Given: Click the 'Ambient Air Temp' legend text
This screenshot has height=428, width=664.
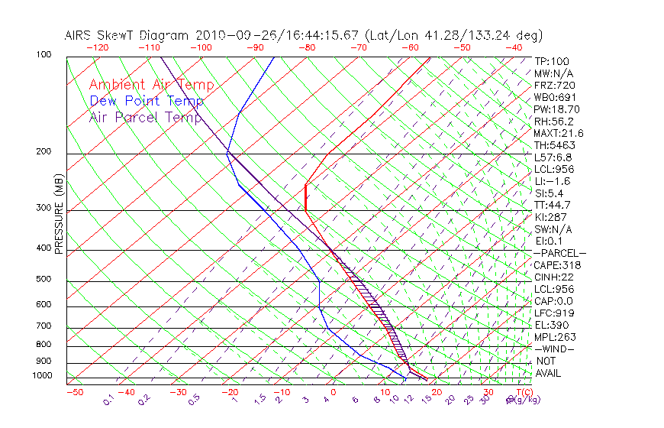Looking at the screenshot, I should pos(151,85).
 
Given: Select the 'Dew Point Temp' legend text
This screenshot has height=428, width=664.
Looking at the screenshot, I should pos(146,101).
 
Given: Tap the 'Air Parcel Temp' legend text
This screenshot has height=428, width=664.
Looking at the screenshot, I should pos(146,117).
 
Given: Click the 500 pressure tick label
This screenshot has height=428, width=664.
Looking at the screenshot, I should pos(44,280).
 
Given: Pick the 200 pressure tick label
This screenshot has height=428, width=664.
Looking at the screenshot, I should pos(44,152).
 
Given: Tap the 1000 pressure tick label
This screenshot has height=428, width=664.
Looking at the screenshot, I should pos(42,376).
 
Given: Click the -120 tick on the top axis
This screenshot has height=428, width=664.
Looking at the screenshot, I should pos(97,47).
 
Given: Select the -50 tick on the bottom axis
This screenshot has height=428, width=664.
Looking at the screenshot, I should pos(74,393).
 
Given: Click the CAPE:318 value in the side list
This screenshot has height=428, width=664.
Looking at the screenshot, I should pos(557,265).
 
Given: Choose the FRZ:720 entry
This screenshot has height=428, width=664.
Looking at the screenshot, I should pos(554,85).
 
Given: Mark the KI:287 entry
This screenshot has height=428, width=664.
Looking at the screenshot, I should pos(551,217).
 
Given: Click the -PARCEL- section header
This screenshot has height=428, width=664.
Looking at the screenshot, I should pos(559,253).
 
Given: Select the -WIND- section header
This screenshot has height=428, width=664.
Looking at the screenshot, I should pos(553,349).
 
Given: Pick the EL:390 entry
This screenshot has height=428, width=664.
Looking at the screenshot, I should pos(552,325).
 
